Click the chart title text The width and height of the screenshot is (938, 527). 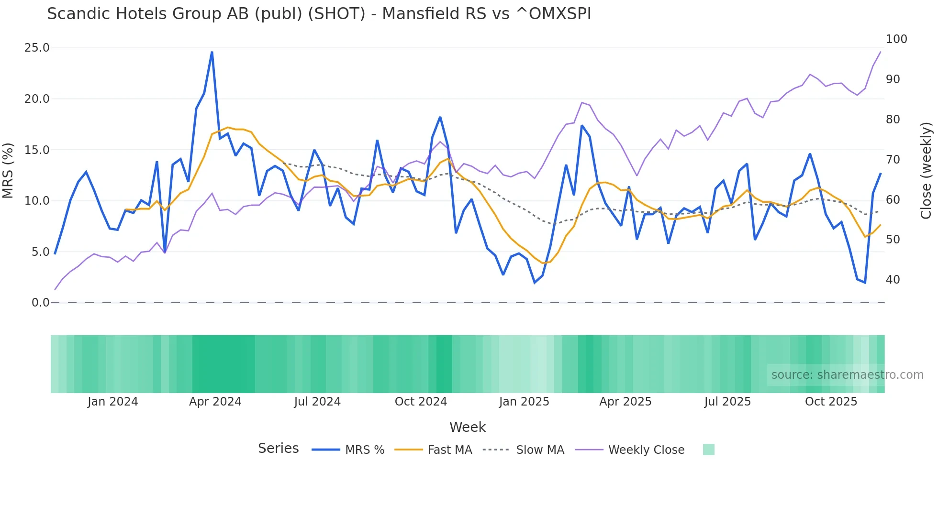(x=319, y=14)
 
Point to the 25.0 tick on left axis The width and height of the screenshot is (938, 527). (x=37, y=48)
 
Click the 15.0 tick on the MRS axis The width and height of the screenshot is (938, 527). (x=37, y=150)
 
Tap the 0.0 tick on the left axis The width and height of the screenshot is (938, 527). (x=40, y=303)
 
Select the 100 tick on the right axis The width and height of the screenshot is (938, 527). (x=896, y=39)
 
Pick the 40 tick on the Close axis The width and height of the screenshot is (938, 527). (x=893, y=280)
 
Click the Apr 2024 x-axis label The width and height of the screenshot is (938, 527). (x=215, y=402)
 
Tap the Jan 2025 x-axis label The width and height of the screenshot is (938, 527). (x=524, y=402)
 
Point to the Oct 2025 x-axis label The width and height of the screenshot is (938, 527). (x=831, y=402)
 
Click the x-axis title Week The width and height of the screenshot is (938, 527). (x=467, y=427)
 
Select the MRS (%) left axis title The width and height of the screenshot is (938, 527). (x=8, y=170)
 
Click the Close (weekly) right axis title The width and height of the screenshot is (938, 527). (x=926, y=170)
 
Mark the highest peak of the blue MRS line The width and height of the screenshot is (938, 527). (x=212, y=52)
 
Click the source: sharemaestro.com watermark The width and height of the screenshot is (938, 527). (x=847, y=375)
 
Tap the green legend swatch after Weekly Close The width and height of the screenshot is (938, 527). (x=708, y=450)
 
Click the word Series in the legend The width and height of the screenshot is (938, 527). (x=278, y=449)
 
